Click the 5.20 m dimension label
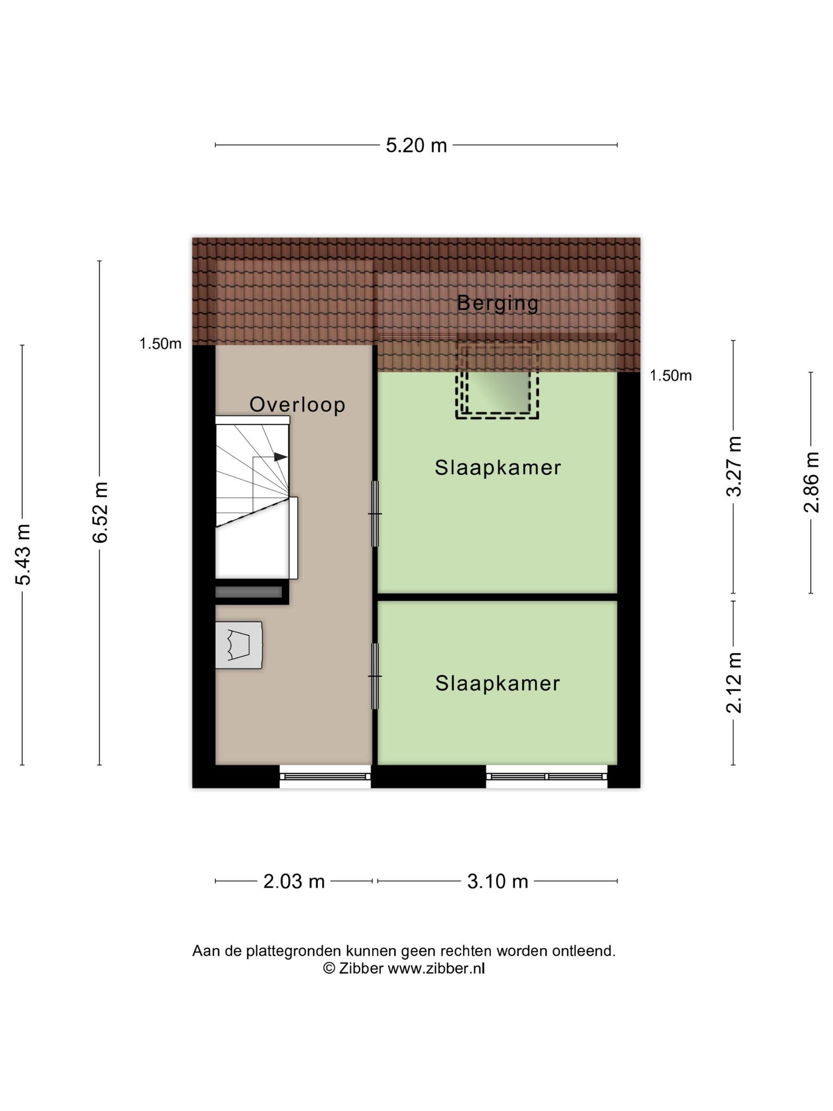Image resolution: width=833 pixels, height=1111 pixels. coord(416,145)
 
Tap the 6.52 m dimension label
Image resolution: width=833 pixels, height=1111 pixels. coord(101,512)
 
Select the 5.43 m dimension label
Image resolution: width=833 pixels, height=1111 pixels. coord(23,554)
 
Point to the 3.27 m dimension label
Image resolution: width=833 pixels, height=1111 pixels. coord(734,466)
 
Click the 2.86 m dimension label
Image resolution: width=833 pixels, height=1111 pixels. coord(811,482)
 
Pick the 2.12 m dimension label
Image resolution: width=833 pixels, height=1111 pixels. coord(734,682)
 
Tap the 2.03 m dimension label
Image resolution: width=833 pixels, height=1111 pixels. coord(294,882)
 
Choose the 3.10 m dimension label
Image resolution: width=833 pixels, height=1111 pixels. coord(498,882)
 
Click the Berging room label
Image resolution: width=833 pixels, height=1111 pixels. coord(498,303)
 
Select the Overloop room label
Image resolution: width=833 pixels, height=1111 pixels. coord(297,405)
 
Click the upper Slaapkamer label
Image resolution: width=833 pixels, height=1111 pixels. coord(498,468)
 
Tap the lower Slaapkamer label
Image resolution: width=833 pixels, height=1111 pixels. coord(498,684)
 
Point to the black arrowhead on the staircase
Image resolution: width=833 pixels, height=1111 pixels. coord(280,457)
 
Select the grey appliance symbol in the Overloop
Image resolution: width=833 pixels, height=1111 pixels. coord(239,645)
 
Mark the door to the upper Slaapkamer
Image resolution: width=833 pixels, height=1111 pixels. coord(375,514)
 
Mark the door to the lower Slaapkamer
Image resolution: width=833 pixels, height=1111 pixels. coord(375,676)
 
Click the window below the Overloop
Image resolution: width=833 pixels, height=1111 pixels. coord(325,776)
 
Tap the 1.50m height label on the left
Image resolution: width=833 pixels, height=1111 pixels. coord(161,343)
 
